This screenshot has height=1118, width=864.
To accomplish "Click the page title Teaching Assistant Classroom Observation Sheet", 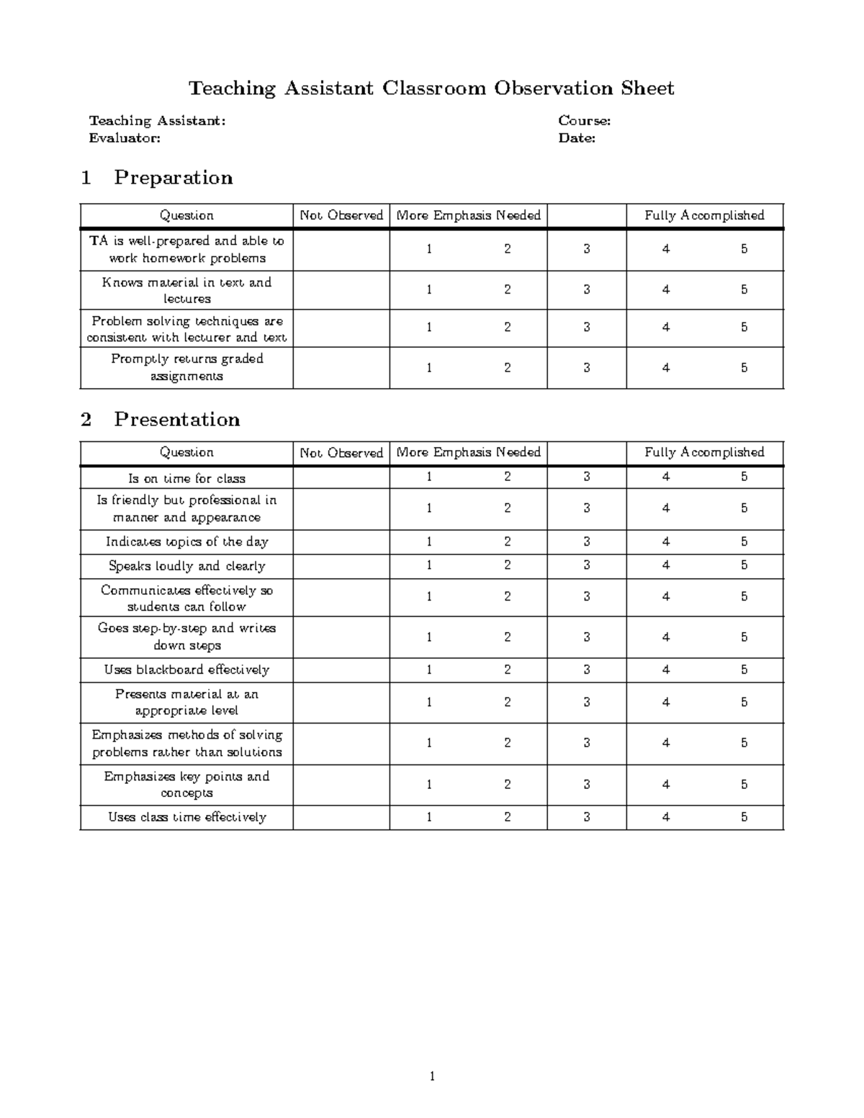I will [x=431, y=89].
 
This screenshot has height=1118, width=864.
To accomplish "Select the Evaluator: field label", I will [x=125, y=138].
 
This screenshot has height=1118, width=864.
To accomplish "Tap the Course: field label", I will [x=584, y=121].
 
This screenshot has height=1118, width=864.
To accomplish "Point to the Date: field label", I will [x=577, y=138].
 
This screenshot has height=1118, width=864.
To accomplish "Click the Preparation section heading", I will [x=173, y=178].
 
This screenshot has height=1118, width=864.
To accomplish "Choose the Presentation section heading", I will [x=176, y=420].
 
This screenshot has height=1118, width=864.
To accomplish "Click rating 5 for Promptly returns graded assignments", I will [x=744, y=368].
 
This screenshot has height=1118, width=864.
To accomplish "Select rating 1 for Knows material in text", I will [x=429, y=290].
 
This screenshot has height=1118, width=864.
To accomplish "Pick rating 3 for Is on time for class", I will [x=587, y=477].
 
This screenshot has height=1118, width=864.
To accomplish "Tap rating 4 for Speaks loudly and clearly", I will [x=666, y=566].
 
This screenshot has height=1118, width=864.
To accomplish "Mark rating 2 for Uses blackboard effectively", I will [x=508, y=670].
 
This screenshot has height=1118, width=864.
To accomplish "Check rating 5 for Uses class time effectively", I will [x=744, y=817].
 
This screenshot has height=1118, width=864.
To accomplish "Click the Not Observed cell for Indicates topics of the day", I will [x=341, y=542].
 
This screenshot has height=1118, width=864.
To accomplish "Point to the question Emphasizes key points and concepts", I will [x=186, y=785].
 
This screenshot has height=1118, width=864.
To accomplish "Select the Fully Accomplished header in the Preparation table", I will [x=704, y=215].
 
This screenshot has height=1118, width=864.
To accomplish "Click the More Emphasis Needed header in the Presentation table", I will [x=468, y=453].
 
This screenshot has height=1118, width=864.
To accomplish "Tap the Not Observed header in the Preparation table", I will [x=341, y=215].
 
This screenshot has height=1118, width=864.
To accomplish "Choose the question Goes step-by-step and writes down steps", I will [x=186, y=637].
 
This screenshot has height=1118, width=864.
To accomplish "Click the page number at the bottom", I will [x=431, y=1077].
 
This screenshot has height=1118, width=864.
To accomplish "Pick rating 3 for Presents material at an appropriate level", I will [x=587, y=703].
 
